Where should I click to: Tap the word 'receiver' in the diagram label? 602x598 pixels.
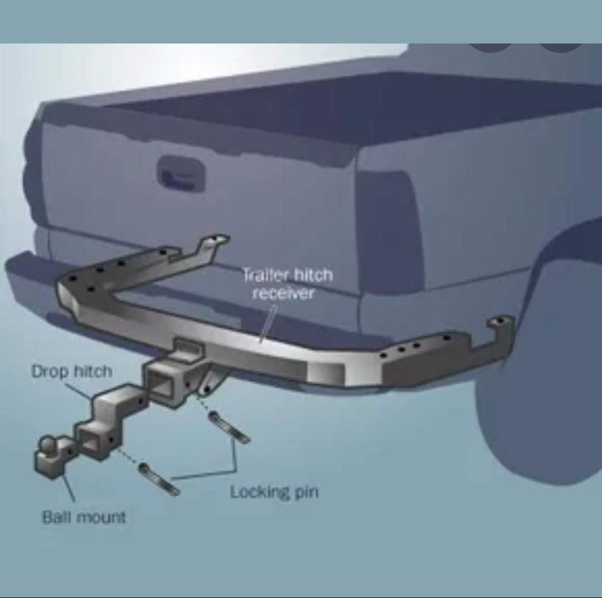(283, 293)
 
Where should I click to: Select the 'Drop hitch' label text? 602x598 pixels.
(71, 371)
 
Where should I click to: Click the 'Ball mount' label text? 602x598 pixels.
(84, 517)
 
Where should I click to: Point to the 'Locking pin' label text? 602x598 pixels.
(274, 492)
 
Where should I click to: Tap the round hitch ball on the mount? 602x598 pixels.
(47, 445)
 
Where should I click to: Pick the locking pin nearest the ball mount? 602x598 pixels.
(159, 479)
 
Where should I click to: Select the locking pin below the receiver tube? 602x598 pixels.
(229, 427)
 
